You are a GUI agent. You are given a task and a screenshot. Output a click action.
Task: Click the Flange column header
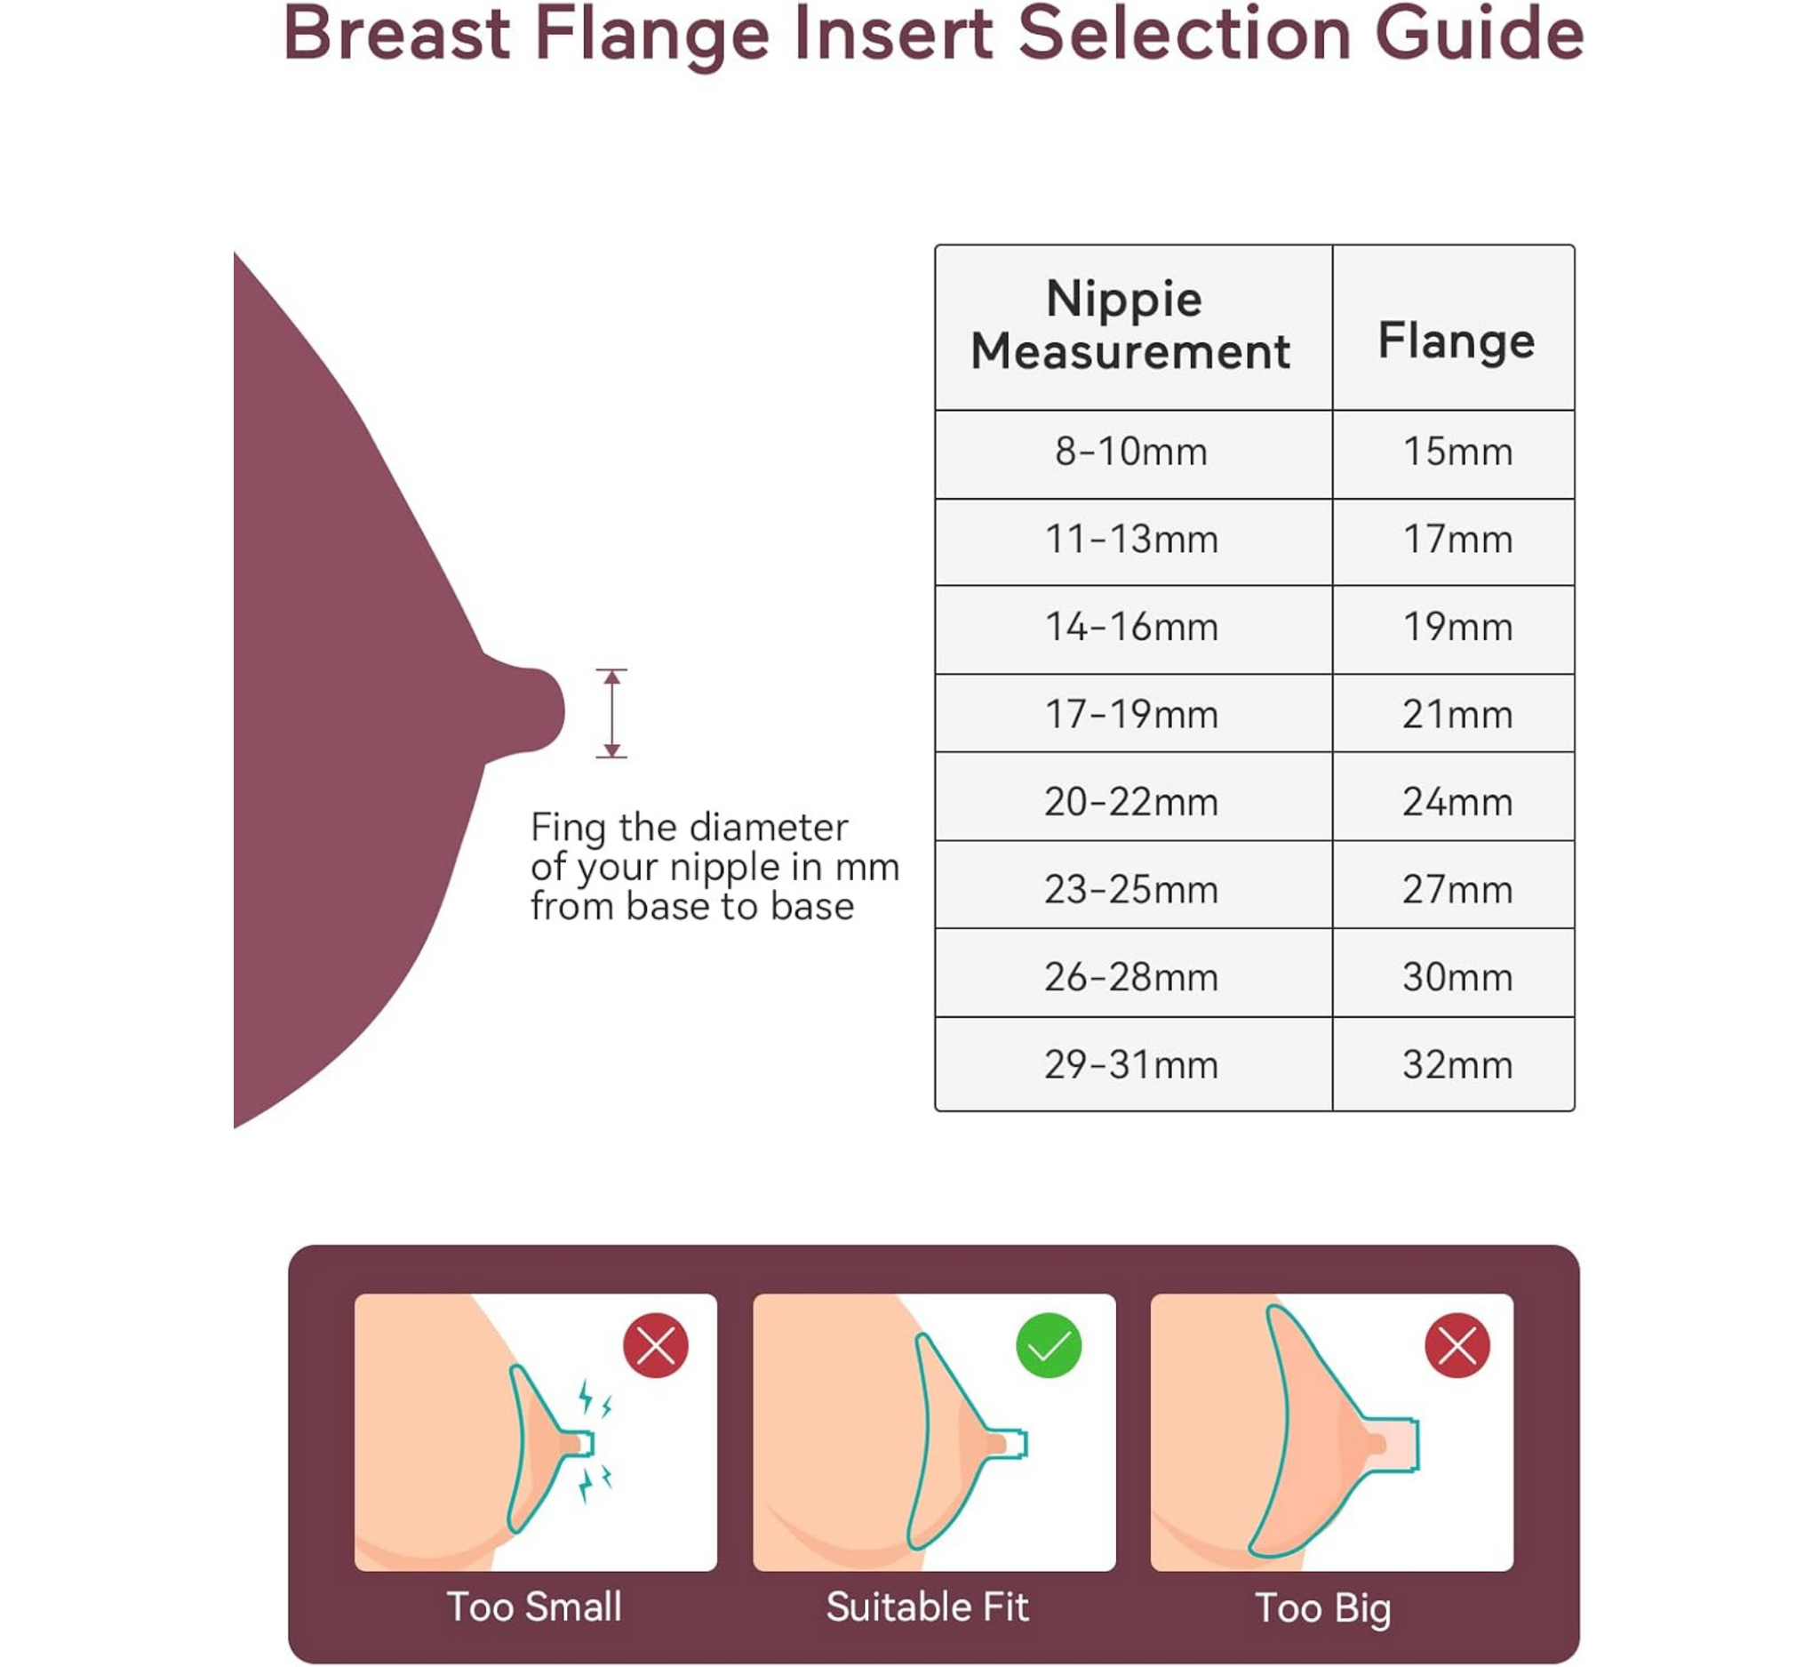point(1457,342)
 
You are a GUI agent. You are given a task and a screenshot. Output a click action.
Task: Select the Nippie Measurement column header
point(1130,325)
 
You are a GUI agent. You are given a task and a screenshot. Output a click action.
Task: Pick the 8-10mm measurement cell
point(1131,452)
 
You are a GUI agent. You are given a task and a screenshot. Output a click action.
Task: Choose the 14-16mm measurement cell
point(1131,627)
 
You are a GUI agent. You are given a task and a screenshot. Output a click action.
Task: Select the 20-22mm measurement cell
point(1131,802)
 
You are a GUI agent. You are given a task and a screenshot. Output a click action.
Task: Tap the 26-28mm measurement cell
point(1131,977)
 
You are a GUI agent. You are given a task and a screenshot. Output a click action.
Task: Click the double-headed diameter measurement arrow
point(611,713)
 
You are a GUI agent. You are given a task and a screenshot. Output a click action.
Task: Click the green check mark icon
point(1048,1345)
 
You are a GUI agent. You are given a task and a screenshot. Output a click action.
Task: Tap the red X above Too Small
point(656,1345)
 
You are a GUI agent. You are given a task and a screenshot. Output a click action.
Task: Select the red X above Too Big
point(1457,1345)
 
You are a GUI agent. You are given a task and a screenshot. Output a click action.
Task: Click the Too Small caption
point(534,1607)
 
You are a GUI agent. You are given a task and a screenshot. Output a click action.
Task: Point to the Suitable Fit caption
point(927,1607)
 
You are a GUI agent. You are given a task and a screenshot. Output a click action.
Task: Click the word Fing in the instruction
point(568,829)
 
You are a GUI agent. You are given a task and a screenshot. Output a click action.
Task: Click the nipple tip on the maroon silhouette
point(562,710)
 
